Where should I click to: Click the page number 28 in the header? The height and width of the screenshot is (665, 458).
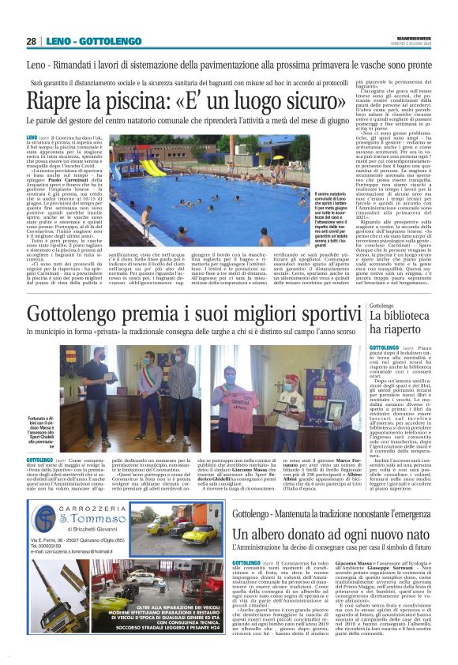pyautogui.click(x=31, y=41)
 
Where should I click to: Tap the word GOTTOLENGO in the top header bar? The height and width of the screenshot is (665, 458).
pyautogui.click(x=106, y=41)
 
